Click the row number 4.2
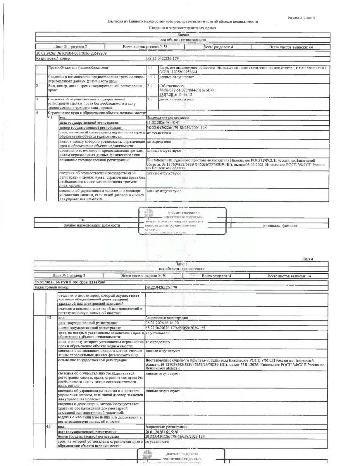tap(49, 317)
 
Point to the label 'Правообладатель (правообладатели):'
tap(79, 68)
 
